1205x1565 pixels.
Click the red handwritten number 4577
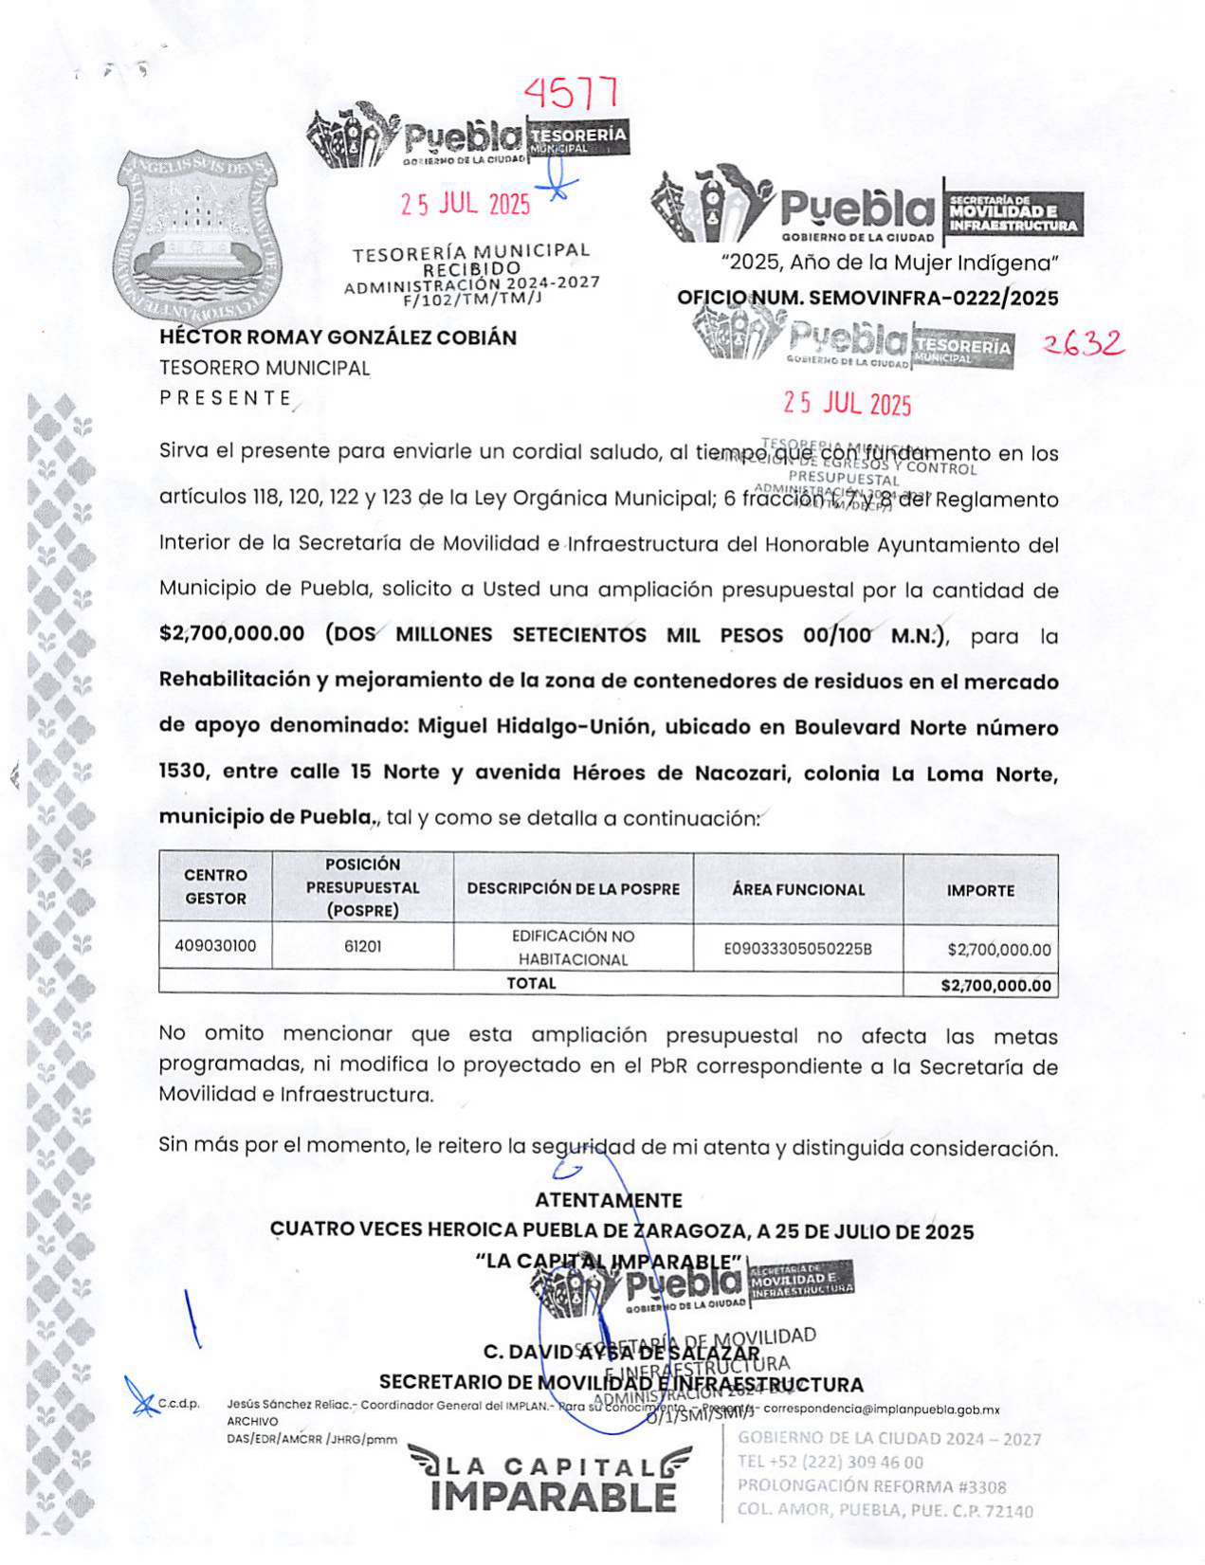(x=572, y=93)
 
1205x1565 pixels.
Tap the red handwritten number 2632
(x=1083, y=344)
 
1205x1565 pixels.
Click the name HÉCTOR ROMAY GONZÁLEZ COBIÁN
(x=338, y=337)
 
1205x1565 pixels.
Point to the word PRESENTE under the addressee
(x=226, y=398)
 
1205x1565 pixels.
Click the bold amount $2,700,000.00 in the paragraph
(x=232, y=634)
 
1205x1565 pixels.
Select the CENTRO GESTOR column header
(x=215, y=887)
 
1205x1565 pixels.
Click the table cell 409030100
(x=215, y=946)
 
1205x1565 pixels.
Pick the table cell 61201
(x=362, y=946)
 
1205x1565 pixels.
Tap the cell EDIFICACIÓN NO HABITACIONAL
(x=573, y=948)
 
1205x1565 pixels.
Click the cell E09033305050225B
(x=797, y=948)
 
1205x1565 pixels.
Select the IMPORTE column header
(x=980, y=891)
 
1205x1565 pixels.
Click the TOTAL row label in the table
(x=531, y=984)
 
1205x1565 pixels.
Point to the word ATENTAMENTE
(x=608, y=1201)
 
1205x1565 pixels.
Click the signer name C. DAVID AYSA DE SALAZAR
(x=621, y=1353)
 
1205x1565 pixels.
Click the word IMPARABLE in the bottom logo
(x=553, y=1498)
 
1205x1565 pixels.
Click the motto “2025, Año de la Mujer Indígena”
(x=889, y=264)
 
